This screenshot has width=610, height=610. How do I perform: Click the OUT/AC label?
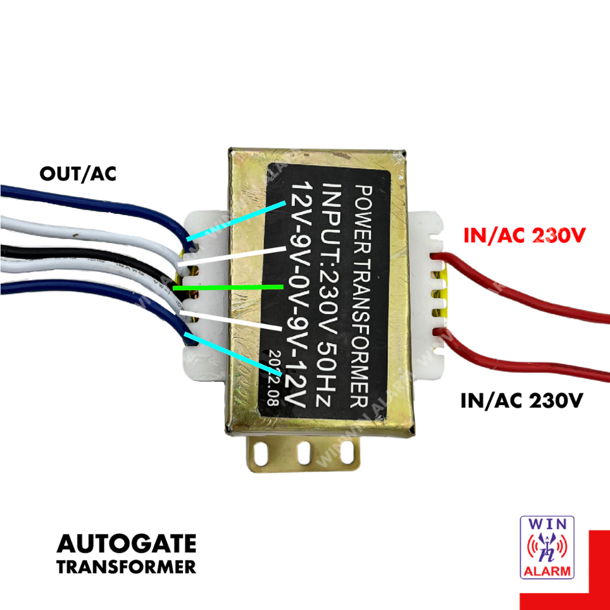click(77, 174)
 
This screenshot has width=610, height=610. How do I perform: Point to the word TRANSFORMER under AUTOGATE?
click(126, 567)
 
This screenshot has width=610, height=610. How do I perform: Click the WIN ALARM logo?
click(547, 547)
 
